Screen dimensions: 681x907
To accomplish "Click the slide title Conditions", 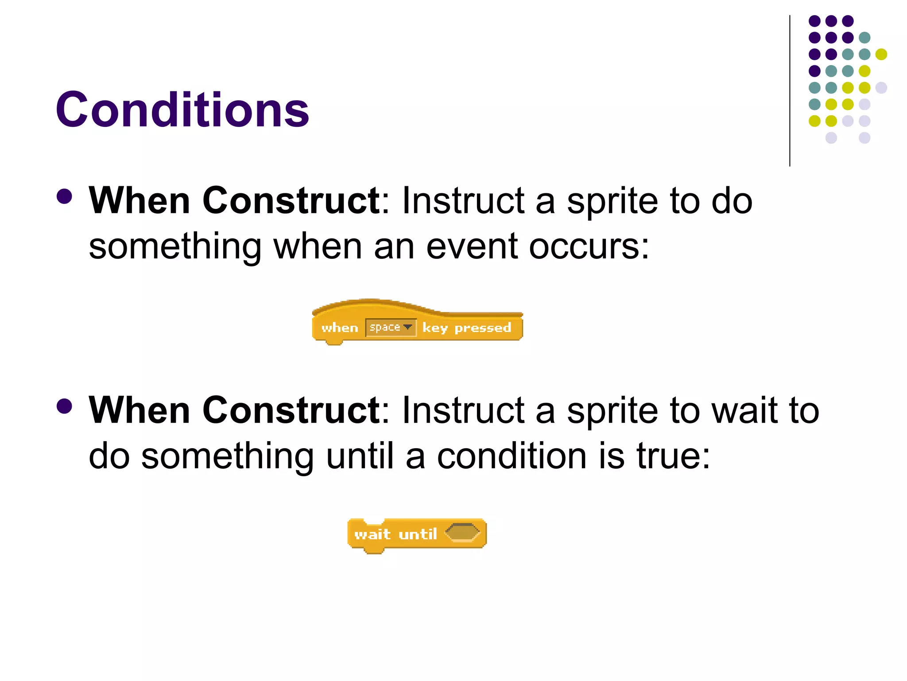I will [x=182, y=110].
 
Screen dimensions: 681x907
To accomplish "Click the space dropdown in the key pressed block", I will [x=390, y=328].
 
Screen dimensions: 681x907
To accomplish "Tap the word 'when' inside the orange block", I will [x=339, y=328].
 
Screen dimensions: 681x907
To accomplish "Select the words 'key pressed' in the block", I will [x=466, y=328].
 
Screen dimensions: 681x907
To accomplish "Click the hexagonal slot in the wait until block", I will [x=462, y=532].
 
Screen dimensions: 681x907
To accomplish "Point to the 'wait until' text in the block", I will [x=395, y=534].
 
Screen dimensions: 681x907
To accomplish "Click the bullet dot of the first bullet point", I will [x=65, y=197].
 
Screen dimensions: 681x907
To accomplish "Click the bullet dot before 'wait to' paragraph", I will [x=65, y=406].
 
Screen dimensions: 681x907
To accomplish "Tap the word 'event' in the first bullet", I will [x=472, y=247].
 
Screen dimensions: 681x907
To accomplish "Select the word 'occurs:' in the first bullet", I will [x=589, y=247].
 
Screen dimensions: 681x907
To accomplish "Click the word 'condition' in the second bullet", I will [x=512, y=456].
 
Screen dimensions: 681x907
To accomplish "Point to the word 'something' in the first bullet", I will [x=175, y=247].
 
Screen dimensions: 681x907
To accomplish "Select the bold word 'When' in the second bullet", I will [x=139, y=411].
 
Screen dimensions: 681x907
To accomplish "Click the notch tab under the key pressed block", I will [x=334, y=342].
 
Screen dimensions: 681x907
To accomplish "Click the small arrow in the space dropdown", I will [x=408, y=327].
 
